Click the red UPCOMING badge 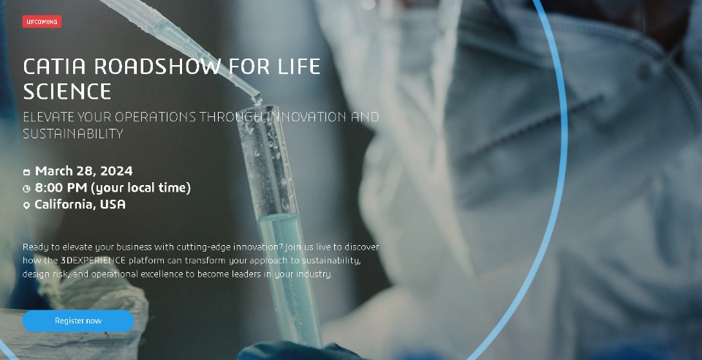point(42,21)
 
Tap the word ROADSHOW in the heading point(158,67)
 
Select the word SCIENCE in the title point(67,91)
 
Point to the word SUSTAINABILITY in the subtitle point(73,133)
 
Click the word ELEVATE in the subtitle point(48,117)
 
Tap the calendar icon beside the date point(26,172)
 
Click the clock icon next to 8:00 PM point(26,189)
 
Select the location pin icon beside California point(26,205)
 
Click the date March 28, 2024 point(83,171)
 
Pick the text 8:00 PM point(61,187)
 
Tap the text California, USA point(80,204)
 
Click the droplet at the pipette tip point(257,100)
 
